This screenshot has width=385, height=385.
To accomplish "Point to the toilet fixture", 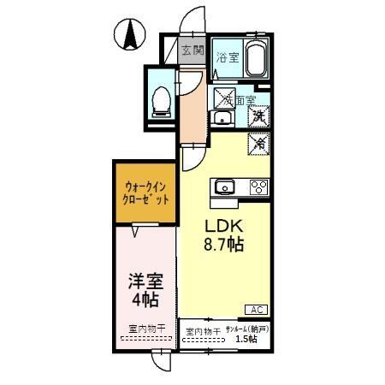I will pos(160,101).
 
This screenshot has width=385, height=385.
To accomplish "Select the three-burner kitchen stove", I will pos(258,187).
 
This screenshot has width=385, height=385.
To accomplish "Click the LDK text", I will pos(222,227).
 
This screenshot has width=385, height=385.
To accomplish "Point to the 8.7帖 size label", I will pos(224,246).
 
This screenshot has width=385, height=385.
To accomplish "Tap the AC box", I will pos(256,309).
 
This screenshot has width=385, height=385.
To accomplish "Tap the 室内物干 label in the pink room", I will pos(145,329).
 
